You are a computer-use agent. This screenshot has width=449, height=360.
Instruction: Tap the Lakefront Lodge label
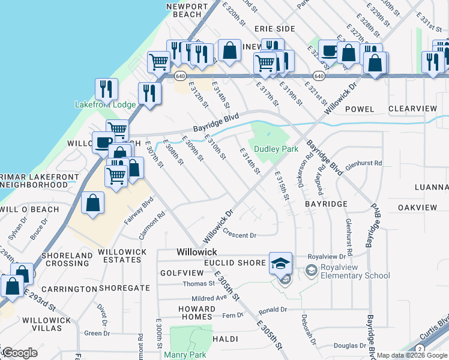tap(105, 104)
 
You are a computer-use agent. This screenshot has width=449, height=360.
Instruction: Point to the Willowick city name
tap(197, 252)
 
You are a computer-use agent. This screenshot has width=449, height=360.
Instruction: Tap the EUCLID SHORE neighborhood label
tap(235, 263)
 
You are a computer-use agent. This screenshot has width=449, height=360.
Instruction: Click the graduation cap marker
tap(280, 263)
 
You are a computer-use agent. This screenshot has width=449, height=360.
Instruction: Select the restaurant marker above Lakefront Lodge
tap(106, 89)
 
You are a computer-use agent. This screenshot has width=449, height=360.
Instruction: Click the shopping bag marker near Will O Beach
tap(93, 203)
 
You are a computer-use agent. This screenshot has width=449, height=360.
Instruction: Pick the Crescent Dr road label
tap(240, 235)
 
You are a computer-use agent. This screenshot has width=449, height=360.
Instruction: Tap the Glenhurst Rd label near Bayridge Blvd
tap(364, 163)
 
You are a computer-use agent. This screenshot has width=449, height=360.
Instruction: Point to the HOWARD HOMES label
tap(196, 313)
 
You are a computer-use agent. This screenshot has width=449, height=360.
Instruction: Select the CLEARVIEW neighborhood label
tap(412, 109)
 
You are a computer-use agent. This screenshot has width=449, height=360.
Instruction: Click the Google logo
tap(19, 353)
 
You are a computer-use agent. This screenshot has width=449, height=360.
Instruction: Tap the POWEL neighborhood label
tap(360, 109)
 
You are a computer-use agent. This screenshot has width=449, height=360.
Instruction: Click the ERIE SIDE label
tap(274, 29)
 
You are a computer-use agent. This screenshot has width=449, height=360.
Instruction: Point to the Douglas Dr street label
tap(350, 346)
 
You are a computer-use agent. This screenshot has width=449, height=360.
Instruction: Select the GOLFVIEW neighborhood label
tap(179, 273)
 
